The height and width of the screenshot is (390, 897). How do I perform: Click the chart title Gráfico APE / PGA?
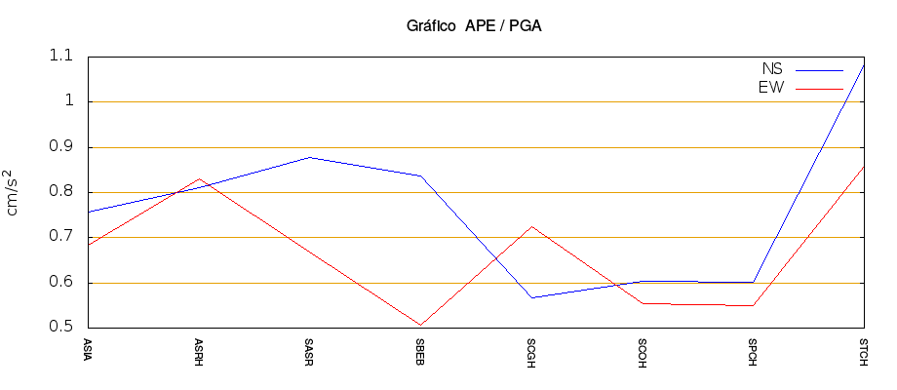tap(474, 26)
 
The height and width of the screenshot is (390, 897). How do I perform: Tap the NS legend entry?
tap(772, 70)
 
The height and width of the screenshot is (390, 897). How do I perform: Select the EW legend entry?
tap(771, 88)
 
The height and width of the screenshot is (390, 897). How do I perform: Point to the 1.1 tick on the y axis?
tap(60, 57)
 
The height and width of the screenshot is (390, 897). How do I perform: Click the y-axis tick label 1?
tap(68, 101)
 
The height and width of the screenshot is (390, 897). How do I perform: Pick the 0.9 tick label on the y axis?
tap(60, 147)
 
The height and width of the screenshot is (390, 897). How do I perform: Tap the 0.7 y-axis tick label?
tap(60, 237)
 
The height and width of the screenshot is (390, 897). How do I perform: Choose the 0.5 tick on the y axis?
tap(60, 328)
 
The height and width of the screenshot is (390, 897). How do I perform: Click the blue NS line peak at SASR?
tap(309, 157)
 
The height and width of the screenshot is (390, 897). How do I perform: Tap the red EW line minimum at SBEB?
tap(420, 325)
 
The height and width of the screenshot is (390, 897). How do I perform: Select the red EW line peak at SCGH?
tap(531, 226)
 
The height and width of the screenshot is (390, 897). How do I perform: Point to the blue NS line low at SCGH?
tap(531, 297)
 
